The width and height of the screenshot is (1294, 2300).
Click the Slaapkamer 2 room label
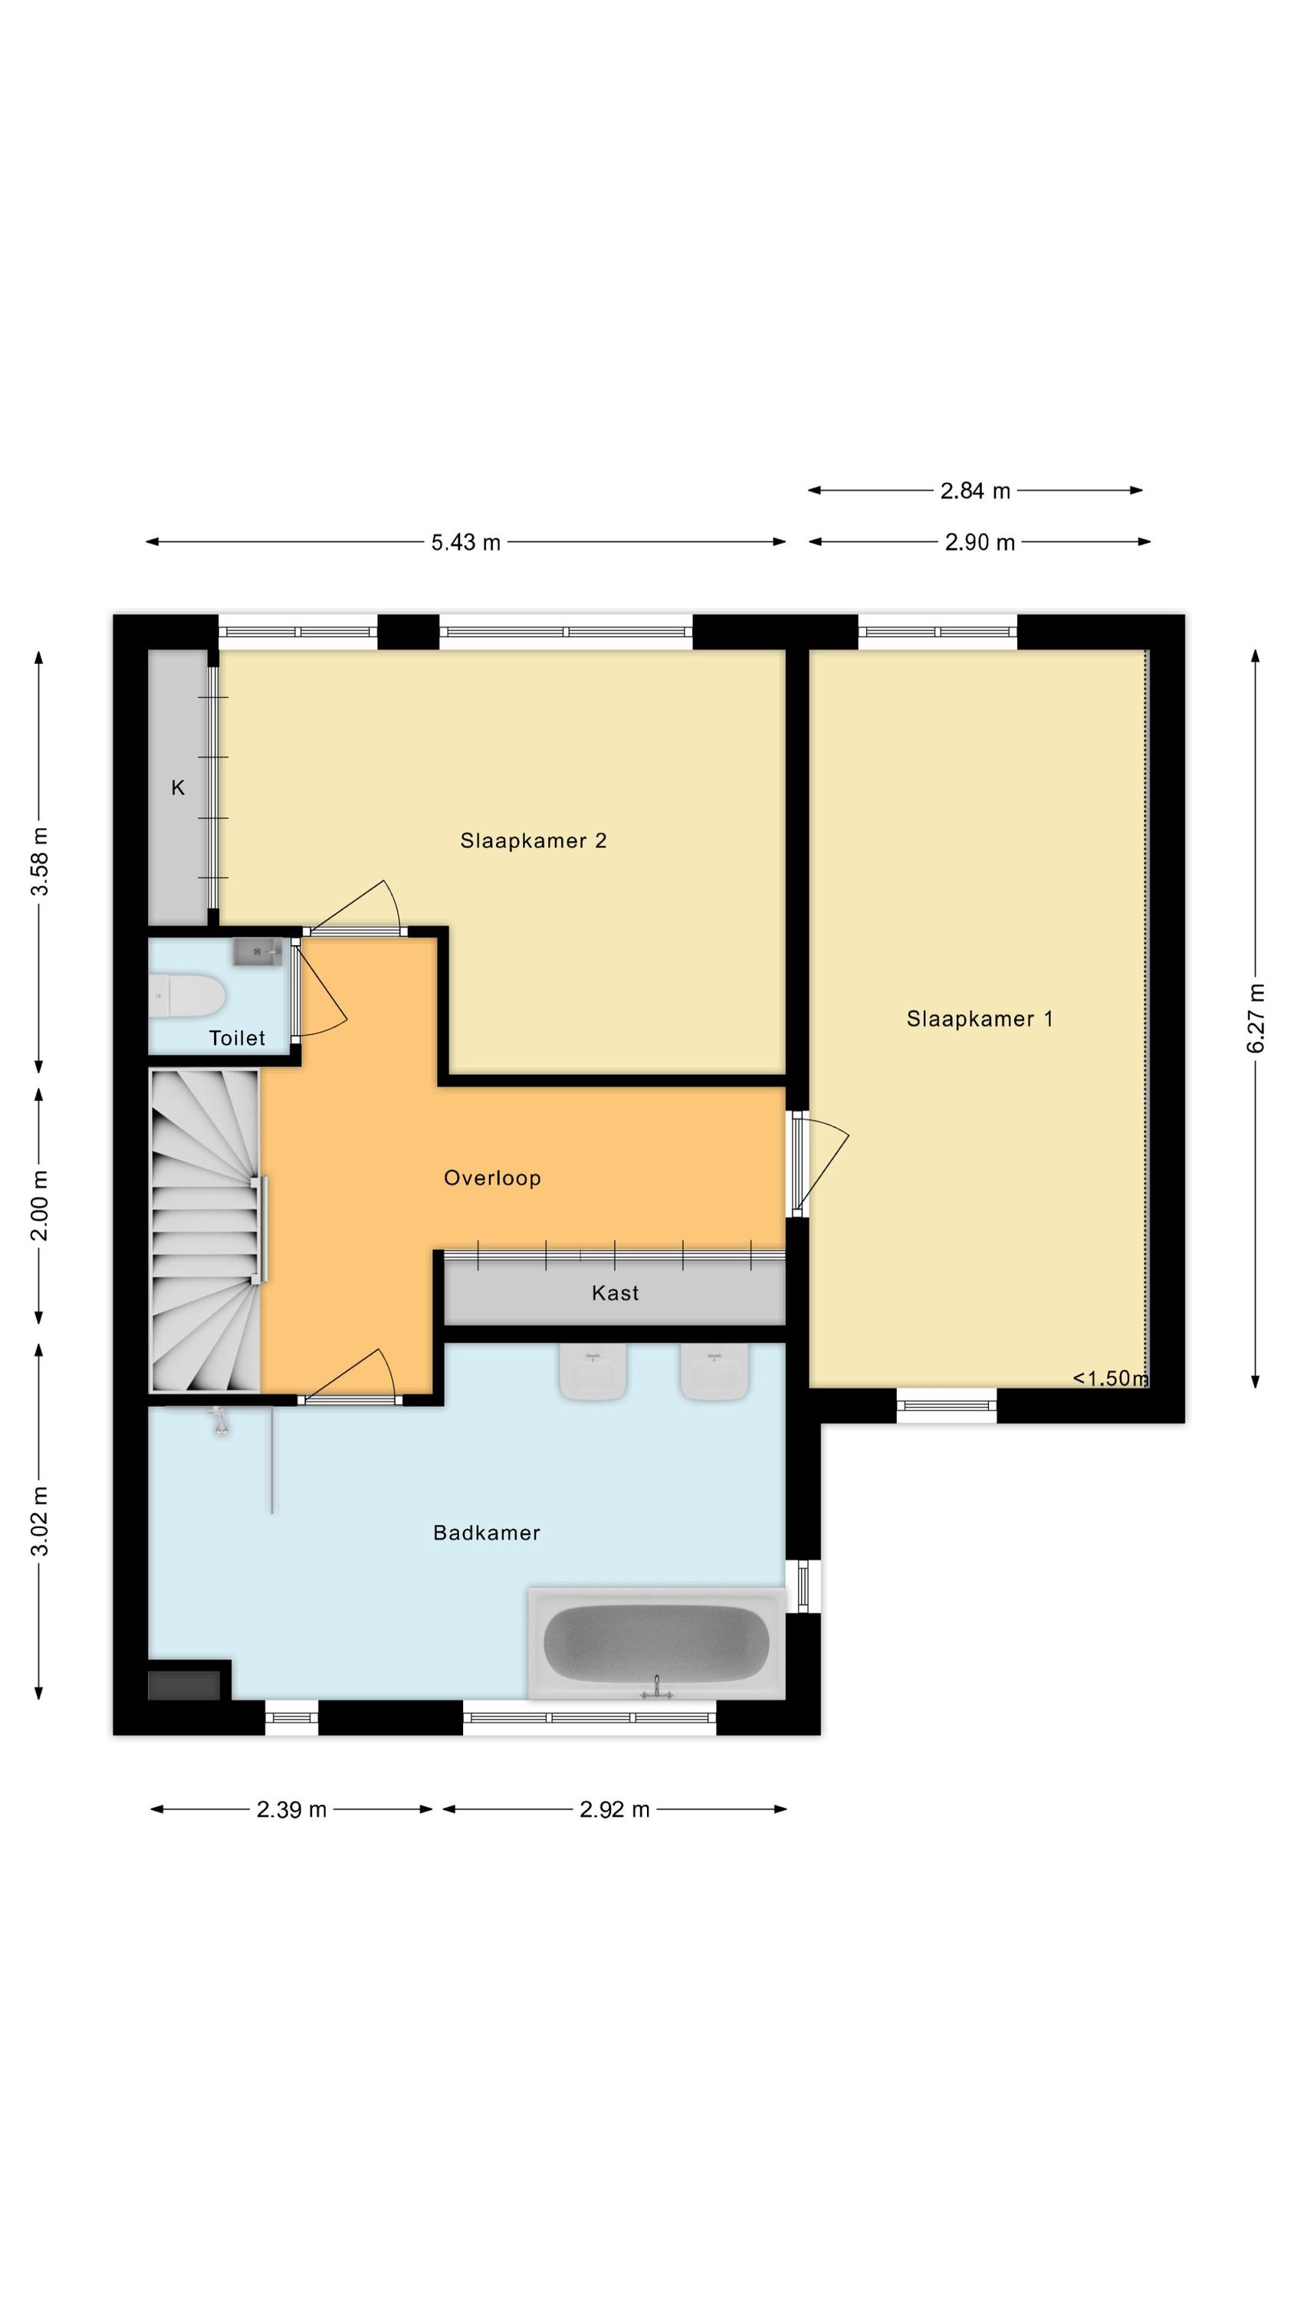[533, 840]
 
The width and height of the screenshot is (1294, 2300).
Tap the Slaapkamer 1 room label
[980, 1019]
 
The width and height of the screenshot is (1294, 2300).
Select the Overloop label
[492, 1178]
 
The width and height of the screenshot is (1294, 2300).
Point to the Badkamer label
[487, 1533]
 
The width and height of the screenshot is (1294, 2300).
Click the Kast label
[616, 1293]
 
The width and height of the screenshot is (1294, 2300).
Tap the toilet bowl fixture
[186, 996]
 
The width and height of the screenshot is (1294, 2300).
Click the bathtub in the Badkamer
[656, 1644]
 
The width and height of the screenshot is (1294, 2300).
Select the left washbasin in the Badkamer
[593, 1372]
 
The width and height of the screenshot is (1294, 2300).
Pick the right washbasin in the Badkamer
[714, 1372]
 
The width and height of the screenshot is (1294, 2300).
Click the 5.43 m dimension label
[466, 542]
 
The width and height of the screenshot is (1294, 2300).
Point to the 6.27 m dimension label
[1256, 1018]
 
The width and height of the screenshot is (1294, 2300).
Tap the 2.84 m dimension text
[975, 490]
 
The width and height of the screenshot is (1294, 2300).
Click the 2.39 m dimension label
[292, 1810]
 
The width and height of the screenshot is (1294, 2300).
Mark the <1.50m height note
[1110, 1378]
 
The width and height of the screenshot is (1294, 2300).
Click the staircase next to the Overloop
[205, 1231]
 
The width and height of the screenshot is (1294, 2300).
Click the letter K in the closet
[178, 787]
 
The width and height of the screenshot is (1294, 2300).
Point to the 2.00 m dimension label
[40, 1205]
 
